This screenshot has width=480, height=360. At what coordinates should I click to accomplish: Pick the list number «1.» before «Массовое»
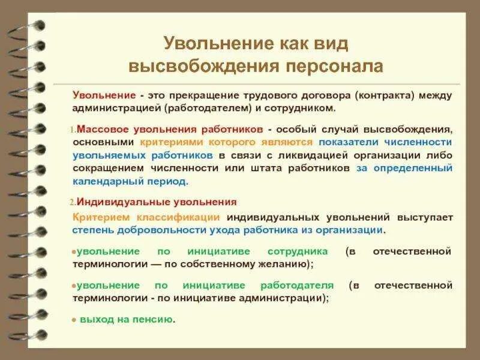click(x=73, y=129)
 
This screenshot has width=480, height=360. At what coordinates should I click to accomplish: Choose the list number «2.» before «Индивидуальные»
click(x=73, y=202)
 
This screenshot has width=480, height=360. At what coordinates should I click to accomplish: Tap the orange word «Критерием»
click(x=98, y=217)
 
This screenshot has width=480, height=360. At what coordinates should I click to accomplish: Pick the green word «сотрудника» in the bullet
click(x=298, y=251)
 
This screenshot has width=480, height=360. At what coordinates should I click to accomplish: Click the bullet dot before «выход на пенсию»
click(x=74, y=320)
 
